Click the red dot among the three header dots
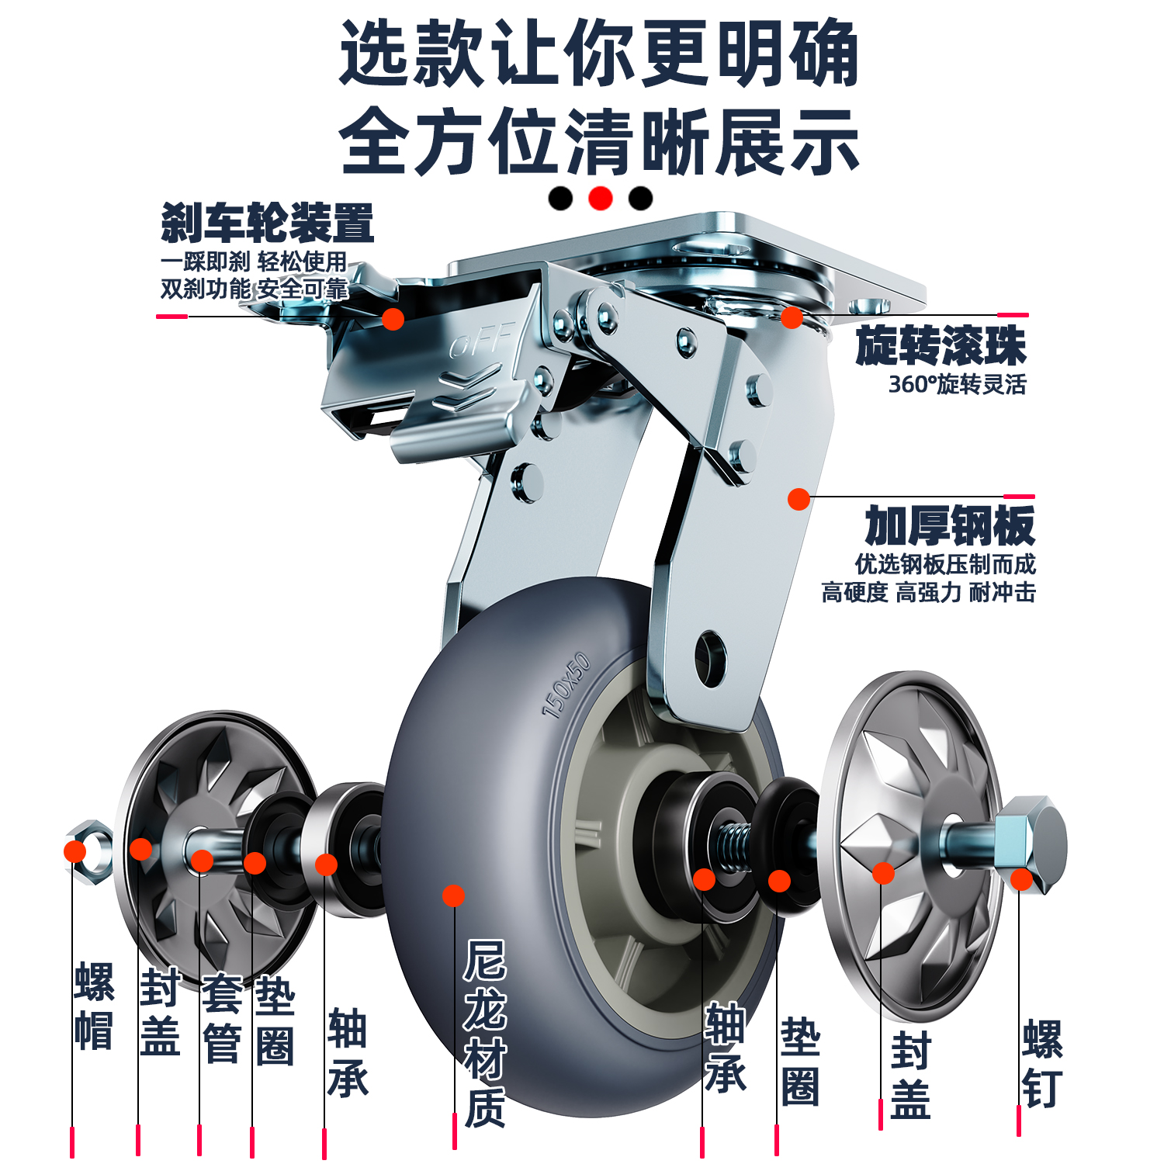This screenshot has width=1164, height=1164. click(x=600, y=199)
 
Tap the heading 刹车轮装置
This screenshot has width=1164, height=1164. click(x=267, y=223)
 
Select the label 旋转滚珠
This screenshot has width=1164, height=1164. click(x=941, y=346)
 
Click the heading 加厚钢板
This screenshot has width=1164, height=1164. click(x=950, y=526)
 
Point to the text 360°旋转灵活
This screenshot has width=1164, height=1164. click(x=957, y=384)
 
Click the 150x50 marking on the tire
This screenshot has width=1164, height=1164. click(x=566, y=685)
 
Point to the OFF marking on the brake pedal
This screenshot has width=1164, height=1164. click(x=482, y=341)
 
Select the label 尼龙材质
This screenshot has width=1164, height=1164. click(x=485, y=1032)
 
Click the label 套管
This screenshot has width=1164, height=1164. click(x=221, y=1018)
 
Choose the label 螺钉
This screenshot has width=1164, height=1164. click(x=1042, y=1064)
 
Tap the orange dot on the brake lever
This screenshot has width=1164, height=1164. click(x=393, y=318)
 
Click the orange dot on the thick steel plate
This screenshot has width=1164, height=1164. click(x=799, y=499)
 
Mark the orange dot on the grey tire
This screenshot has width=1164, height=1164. click(x=453, y=896)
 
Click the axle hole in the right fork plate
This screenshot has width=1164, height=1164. click(x=710, y=658)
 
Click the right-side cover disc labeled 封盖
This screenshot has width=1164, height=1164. click(x=912, y=846)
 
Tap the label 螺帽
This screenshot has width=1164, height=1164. click(x=94, y=1006)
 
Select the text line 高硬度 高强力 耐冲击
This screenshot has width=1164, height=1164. click(x=928, y=593)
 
